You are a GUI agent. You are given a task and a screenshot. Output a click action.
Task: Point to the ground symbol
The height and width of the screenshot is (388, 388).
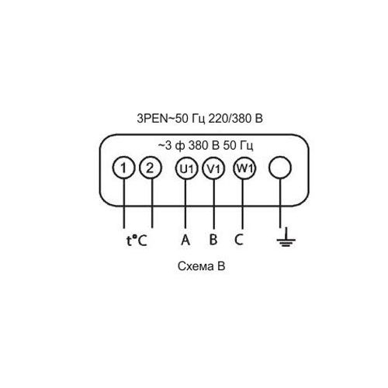286,237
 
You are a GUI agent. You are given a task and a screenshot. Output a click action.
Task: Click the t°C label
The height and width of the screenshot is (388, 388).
137,241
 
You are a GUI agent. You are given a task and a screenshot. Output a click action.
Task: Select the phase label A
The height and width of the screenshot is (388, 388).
185,240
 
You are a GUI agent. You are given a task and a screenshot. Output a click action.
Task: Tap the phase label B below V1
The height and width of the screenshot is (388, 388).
213,240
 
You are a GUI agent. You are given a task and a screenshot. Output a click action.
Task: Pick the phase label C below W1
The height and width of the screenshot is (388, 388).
239,240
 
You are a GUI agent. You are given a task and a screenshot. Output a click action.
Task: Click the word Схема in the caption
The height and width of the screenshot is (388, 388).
194,266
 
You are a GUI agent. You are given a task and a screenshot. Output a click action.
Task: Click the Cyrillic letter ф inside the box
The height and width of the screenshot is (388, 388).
179,146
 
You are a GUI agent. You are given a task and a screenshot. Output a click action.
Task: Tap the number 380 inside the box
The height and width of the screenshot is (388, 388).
199,146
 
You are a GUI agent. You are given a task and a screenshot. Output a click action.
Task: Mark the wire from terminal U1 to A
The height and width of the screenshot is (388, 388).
185,203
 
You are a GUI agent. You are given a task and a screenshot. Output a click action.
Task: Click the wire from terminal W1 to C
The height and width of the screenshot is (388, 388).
242,203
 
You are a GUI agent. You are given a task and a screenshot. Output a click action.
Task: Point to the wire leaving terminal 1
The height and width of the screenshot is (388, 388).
124,203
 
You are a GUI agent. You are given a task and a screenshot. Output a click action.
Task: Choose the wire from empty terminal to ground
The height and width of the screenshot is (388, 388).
280,203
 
